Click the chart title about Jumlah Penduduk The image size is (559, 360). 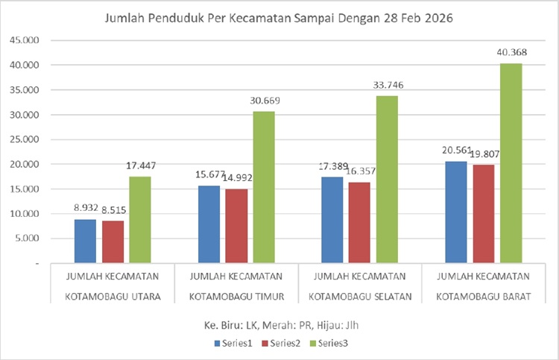click(x=279, y=17)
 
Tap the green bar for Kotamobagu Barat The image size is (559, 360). click(x=511, y=163)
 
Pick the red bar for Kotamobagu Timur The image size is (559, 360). click(x=236, y=226)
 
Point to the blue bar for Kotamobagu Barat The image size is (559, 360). click(x=456, y=212)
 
